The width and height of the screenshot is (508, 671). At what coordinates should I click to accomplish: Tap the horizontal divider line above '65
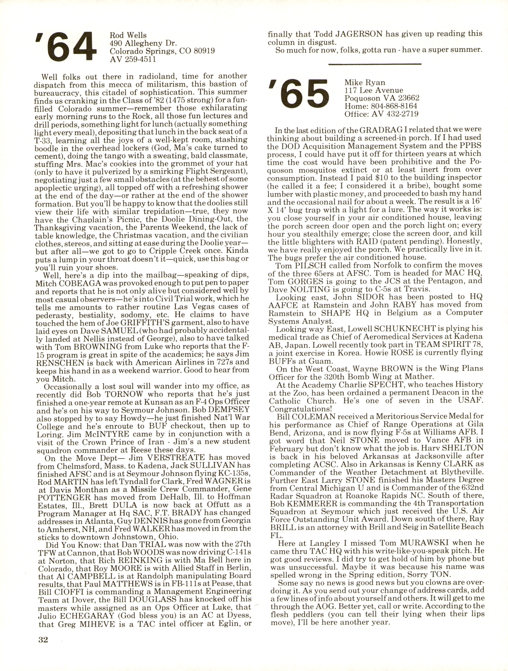click(375, 64)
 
